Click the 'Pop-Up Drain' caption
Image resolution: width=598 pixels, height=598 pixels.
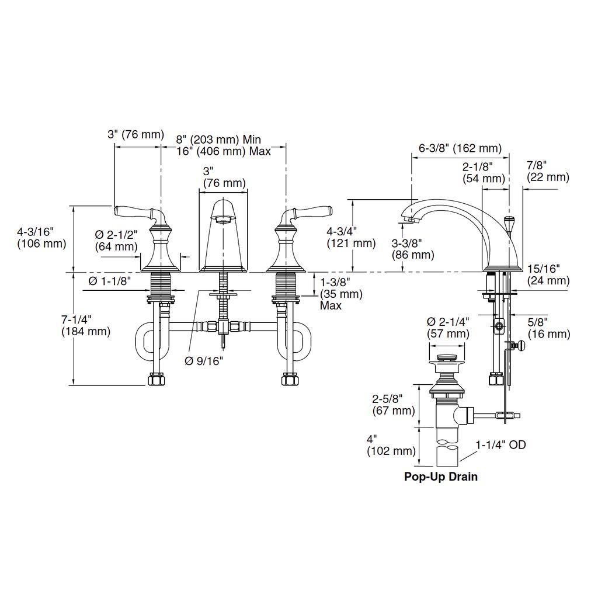coord(440,477)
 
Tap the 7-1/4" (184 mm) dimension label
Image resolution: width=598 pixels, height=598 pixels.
coord(86,325)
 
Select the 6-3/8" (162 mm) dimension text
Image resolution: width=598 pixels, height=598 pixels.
coord(460,148)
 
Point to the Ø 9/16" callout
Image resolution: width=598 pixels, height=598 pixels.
coord(204,360)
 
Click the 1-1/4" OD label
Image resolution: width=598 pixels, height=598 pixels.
coord(500,444)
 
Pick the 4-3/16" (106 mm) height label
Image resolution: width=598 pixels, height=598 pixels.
coord(41,237)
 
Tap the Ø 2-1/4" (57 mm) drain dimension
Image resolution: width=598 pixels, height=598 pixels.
coord(448,328)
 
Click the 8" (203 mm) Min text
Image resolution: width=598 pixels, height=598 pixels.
coord(218,139)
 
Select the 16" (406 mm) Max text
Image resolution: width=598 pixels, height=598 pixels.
coord(224,151)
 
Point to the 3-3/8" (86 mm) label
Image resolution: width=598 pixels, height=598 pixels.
coord(413,249)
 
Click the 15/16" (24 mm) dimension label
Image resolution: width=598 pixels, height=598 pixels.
coord(548,274)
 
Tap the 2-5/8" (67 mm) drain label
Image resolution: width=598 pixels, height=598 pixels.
coord(394,405)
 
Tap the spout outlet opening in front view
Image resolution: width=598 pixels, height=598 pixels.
coord(224,220)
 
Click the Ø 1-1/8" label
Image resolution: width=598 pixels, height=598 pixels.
coord(109,281)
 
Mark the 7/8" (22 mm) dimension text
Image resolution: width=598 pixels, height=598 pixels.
coord(548,171)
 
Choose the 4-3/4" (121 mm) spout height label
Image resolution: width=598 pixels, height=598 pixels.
coord(351,237)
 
